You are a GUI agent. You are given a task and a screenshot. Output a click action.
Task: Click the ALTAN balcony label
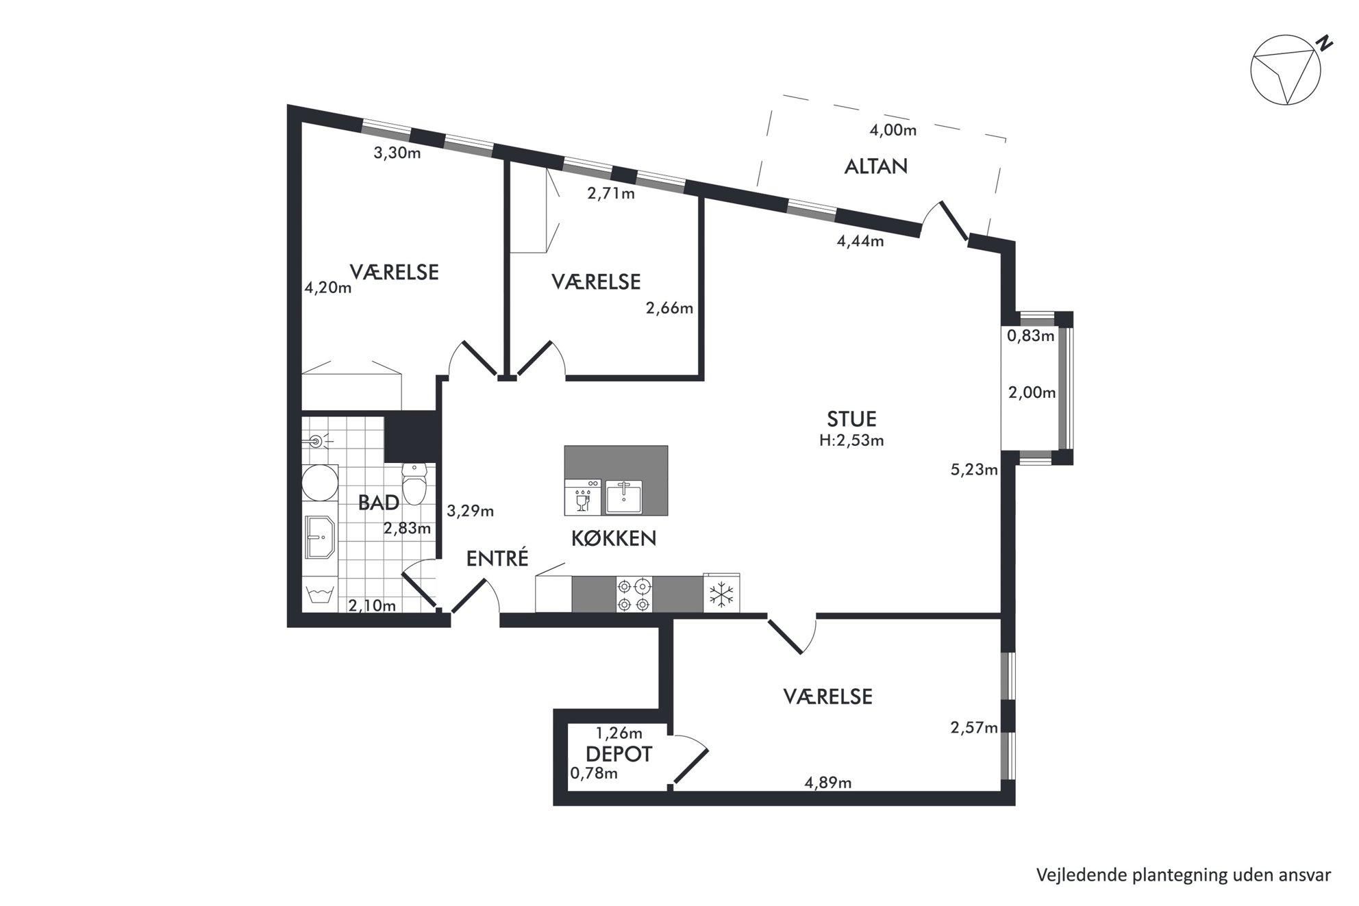875,166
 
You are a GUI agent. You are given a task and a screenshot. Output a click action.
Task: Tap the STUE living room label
851,418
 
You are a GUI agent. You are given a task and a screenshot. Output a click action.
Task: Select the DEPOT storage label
619,755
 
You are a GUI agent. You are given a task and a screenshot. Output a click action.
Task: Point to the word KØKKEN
614,538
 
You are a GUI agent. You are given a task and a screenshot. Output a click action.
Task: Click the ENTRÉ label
497,558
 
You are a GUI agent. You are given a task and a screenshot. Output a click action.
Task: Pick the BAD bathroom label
379,503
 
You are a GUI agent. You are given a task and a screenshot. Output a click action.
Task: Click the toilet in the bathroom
414,483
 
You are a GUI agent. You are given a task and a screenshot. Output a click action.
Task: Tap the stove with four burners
634,594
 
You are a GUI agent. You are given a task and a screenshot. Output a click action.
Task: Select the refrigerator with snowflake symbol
721,593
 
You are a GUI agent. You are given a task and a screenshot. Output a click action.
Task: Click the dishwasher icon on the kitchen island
583,496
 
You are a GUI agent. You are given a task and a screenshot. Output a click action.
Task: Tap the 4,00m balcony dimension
893,129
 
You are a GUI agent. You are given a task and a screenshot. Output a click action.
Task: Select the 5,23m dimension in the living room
974,470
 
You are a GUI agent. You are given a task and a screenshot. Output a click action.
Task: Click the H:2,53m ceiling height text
851,440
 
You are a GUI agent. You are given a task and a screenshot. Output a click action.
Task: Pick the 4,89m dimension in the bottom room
828,782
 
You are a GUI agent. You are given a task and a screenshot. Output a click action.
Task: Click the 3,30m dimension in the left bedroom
397,153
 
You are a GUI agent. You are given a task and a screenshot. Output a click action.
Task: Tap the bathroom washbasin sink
320,536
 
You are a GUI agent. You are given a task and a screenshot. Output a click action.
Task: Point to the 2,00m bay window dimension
1032,392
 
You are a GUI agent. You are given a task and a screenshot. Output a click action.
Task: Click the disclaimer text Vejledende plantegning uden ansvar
1184,874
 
